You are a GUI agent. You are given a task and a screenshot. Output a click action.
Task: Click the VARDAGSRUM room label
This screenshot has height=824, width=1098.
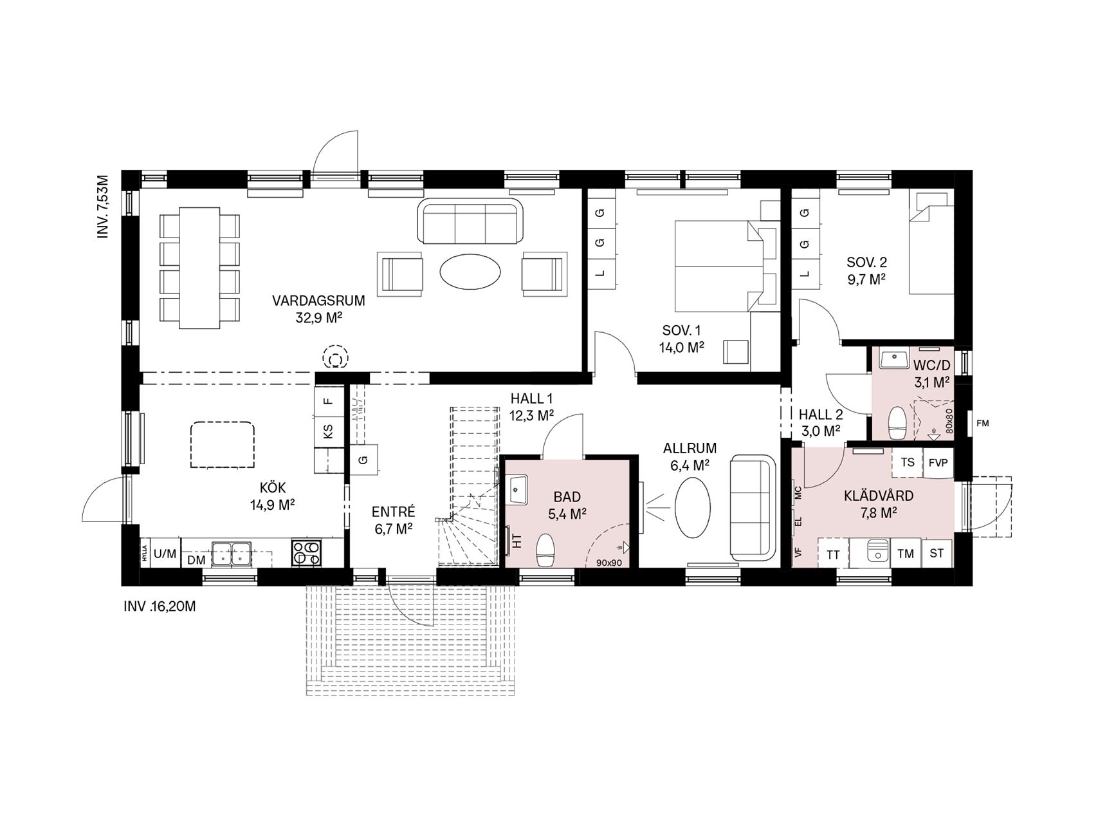pos(318,301)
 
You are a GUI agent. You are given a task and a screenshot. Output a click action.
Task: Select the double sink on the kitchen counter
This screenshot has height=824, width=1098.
pos(231,553)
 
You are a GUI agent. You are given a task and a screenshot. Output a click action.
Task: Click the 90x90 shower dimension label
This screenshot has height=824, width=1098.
pos(608,562)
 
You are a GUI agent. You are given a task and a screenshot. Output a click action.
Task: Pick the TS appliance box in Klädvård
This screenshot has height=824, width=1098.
pos(908,462)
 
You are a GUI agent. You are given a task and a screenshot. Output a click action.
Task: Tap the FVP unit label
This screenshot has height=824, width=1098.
pos(938,463)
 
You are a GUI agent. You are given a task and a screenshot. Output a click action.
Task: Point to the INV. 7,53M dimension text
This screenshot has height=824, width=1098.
pos(103,206)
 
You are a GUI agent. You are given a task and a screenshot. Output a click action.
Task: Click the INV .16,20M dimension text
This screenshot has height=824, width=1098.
pos(159,606)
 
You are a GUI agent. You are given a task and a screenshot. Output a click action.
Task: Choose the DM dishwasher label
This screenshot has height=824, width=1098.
pos(196,560)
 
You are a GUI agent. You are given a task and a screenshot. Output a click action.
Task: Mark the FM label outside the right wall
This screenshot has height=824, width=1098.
pos(982,423)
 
